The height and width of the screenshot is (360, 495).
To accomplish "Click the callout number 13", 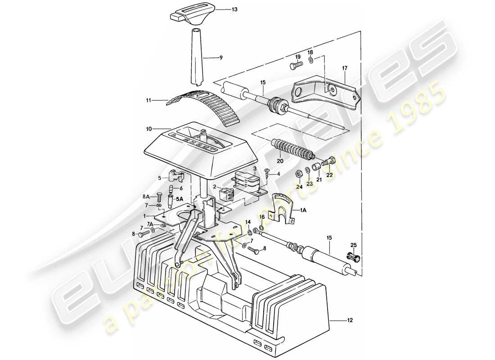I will click(x=221, y=9).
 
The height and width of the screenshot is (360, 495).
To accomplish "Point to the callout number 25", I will click(x=353, y=244).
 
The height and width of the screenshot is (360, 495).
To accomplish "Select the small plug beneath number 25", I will click(x=352, y=257).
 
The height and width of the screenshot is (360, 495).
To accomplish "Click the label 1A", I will click(x=304, y=209).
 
